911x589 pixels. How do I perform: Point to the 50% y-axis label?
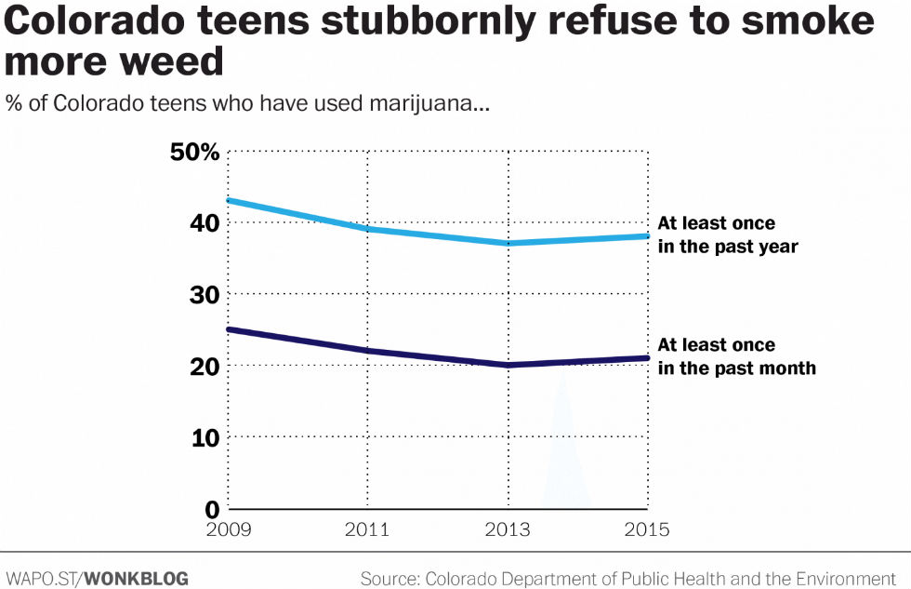pyautogui.click(x=194, y=152)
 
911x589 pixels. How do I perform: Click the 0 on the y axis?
pyautogui.click(x=212, y=508)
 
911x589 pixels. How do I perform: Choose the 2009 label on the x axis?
pyautogui.click(x=229, y=529)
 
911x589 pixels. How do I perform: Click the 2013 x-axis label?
pyautogui.click(x=508, y=529)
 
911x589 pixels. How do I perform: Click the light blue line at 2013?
pyautogui.click(x=508, y=243)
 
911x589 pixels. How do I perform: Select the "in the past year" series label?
pyautogui.click(x=728, y=248)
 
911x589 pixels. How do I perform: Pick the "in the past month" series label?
pyautogui.click(x=736, y=368)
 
